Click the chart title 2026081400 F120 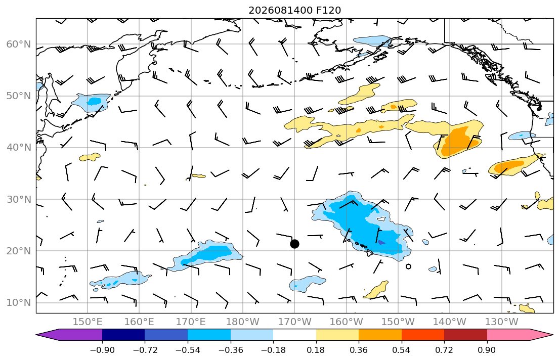pos(294,10)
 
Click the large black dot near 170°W pos(294,244)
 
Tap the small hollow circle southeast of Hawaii pos(409,266)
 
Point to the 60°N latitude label pos(19,44)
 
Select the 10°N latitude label pos(19,303)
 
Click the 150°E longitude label pos(88,322)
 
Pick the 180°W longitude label pos(243,322)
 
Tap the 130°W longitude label pos(502,322)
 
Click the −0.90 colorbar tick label pos(102,350)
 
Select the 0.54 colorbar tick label pos(402,350)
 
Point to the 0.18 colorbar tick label pos(316,350)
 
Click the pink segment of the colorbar pos(508,335)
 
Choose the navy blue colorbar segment pos(123,335)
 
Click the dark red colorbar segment pos(465,335)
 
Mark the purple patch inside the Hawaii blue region pos(381,242)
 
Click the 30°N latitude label pos(19,199)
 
